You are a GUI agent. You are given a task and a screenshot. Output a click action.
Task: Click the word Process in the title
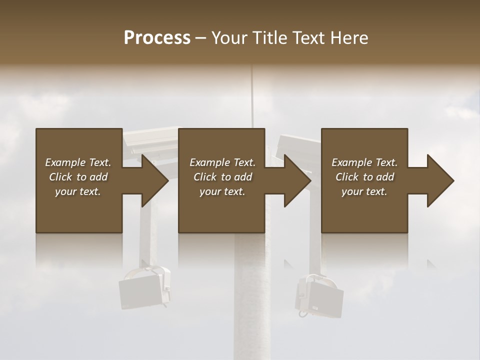click(x=157, y=38)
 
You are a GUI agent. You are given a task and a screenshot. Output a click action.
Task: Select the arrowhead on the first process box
click(x=155, y=180)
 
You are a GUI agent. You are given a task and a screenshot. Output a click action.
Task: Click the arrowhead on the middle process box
click(x=297, y=180)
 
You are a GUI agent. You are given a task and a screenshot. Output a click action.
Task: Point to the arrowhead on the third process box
click(x=440, y=180)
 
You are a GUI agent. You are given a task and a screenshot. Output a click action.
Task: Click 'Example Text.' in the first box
click(x=78, y=162)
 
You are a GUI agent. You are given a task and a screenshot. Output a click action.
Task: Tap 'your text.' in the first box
click(x=78, y=191)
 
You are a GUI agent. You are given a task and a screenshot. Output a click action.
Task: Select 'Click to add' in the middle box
click(x=222, y=177)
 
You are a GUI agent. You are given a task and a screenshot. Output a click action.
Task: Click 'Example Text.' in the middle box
click(x=222, y=162)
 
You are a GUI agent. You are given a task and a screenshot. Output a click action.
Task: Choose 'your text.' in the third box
click(x=364, y=191)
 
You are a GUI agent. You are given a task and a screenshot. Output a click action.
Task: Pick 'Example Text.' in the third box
click(x=364, y=162)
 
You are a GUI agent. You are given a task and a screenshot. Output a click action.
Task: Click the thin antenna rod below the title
click(x=252, y=95)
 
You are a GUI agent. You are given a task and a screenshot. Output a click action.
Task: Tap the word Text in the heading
click(x=308, y=38)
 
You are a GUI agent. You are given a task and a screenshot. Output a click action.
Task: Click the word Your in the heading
click(x=229, y=38)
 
